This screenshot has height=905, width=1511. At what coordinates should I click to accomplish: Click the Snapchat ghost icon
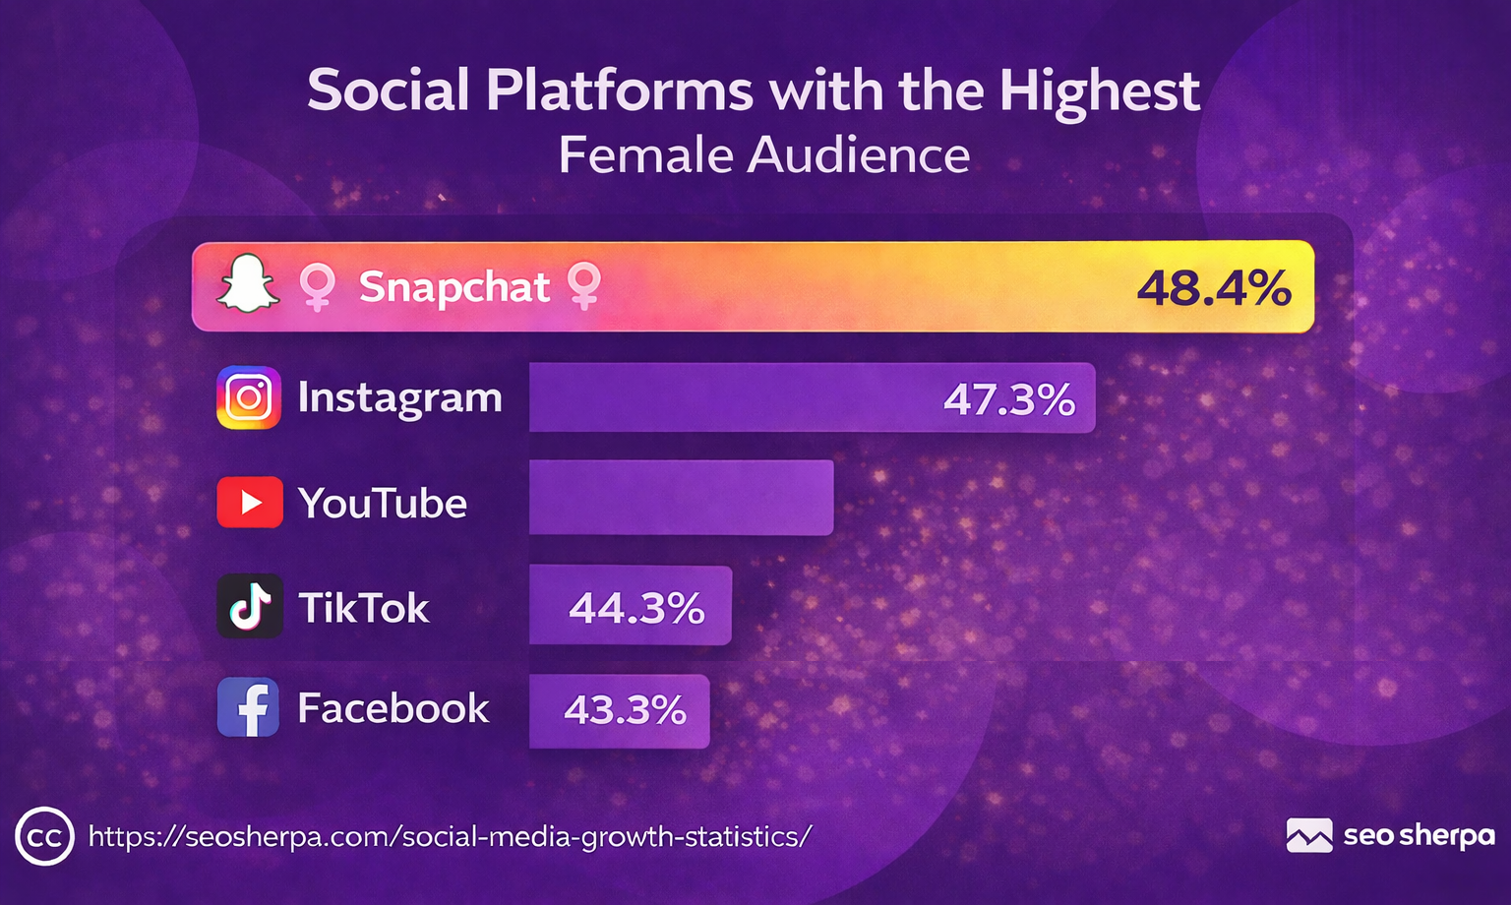point(248,284)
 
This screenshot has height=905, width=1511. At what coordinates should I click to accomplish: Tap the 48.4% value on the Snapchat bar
point(1213,288)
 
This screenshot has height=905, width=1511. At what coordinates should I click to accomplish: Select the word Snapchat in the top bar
point(453,287)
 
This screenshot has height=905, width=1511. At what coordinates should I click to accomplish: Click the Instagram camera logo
point(249,397)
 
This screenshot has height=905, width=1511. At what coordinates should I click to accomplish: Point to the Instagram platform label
point(399,397)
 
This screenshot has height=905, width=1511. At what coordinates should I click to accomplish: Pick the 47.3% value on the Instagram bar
point(1009,399)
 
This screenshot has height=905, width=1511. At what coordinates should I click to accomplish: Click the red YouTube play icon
point(250,503)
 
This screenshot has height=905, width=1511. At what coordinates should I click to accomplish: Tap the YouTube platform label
point(383,504)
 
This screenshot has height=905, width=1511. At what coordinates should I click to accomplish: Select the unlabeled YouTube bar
point(681,498)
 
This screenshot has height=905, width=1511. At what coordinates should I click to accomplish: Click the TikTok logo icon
point(250,607)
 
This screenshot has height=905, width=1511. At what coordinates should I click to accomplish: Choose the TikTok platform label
point(364,608)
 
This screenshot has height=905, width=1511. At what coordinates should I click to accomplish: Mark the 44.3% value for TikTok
point(636,608)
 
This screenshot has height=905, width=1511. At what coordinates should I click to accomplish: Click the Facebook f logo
point(248,707)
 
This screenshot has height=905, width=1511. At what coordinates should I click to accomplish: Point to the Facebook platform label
point(393,708)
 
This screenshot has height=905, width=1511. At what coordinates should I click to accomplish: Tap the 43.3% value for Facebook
point(625,710)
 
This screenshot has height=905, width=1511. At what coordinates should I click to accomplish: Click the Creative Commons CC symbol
point(44,837)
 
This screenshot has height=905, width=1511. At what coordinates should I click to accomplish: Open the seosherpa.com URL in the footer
point(450,836)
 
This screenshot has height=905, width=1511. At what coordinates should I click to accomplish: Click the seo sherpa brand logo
point(1390,836)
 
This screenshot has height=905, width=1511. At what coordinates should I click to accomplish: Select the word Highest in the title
point(1099,90)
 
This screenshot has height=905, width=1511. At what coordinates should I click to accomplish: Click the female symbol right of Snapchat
point(584,285)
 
